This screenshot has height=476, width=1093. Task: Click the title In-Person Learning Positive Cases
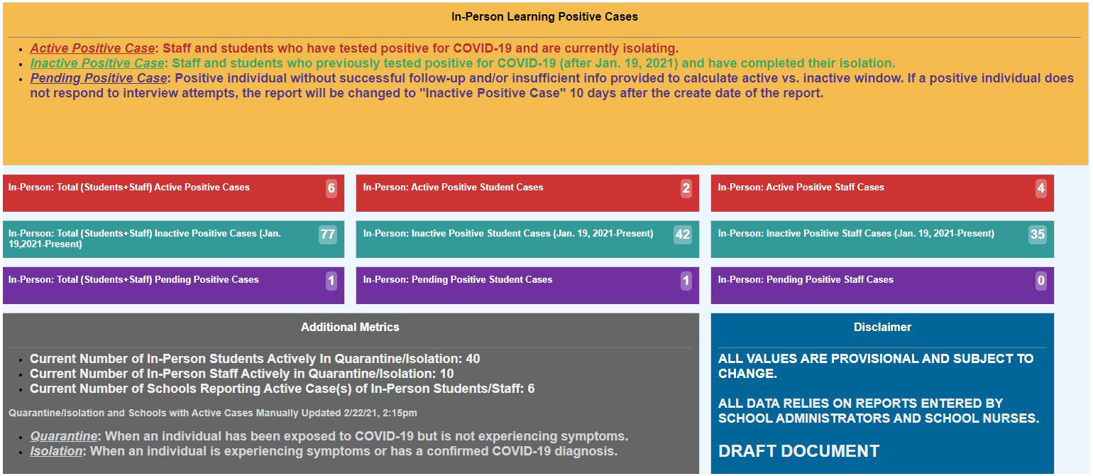544,16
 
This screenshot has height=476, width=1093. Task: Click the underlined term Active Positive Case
92,48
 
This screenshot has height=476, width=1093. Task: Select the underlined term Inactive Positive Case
97,63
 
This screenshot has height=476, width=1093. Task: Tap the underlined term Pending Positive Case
99,78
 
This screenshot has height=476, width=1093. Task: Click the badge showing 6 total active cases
331,188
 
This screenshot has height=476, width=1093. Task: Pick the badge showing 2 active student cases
686,188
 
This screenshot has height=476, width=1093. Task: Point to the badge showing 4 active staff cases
1040,188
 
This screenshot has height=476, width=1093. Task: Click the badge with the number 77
327,234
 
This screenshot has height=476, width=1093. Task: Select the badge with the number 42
683,234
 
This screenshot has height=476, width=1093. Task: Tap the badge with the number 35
1038,234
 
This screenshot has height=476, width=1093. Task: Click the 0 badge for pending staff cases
1040,281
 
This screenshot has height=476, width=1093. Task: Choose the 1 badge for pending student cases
686,281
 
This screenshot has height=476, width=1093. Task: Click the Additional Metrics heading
350,327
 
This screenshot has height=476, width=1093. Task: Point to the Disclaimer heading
882,327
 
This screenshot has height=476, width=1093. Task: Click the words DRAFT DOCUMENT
798,451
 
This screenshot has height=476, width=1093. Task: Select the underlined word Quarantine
63,436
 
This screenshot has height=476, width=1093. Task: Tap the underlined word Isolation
56,451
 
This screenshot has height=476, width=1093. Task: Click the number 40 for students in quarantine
473,359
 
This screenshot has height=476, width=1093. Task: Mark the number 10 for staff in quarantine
446,374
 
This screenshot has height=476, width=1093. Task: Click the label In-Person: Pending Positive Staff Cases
806,280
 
